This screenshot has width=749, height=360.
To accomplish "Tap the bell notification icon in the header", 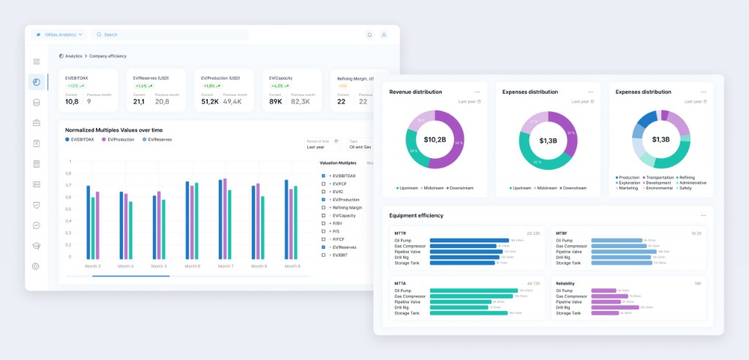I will [x=369, y=34].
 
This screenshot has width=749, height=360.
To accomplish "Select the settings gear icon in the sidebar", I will [x=36, y=266].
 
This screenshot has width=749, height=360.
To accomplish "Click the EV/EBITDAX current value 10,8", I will [x=72, y=101].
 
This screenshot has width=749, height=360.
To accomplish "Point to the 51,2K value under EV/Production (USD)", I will [x=210, y=101].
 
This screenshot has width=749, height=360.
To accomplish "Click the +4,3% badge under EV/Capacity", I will [x=277, y=86].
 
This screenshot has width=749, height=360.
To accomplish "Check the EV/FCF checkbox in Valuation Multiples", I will [x=324, y=184].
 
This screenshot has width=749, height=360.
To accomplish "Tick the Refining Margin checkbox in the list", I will [x=324, y=208].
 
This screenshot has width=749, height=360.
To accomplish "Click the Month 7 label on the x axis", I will [x=226, y=266].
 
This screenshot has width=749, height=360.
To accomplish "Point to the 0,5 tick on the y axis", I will [x=69, y=209].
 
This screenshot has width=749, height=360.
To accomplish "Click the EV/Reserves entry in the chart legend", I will [x=159, y=139].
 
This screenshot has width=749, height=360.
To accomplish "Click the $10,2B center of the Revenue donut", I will [x=435, y=140].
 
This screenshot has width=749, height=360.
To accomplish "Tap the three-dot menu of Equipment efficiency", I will [x=704, y=216].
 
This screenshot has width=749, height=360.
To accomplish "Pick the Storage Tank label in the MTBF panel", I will [x=568, y=263].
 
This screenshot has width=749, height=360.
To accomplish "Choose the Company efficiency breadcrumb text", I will [x=108, y=56].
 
